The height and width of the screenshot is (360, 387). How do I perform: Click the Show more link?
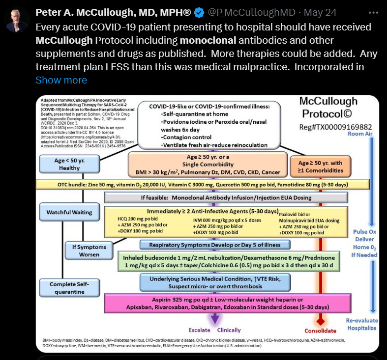click(61, 80)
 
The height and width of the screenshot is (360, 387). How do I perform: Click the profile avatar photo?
click(17, 18)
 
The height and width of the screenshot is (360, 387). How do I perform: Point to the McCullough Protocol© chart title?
click(328, 107)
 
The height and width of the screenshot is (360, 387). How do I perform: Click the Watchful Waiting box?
click(69, 212)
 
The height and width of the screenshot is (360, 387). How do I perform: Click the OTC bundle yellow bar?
click(202, 184)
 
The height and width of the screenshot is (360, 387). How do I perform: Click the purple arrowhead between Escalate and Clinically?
click(214, 320)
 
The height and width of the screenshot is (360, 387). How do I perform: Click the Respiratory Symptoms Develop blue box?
click(215, 245)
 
